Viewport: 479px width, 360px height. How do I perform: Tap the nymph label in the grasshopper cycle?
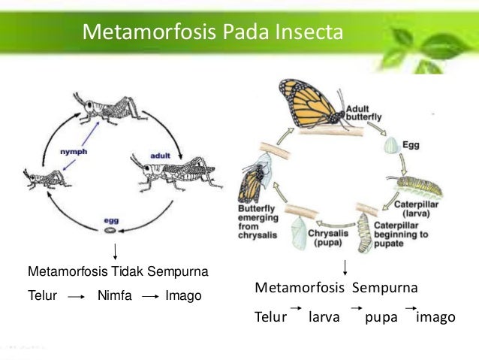click(x=74, y=152)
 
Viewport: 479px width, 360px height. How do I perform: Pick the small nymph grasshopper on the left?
click(x=46, y=178)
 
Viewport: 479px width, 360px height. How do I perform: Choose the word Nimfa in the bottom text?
click(x=115, y=296)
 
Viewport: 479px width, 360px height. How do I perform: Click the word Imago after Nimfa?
click(x=183, y=296)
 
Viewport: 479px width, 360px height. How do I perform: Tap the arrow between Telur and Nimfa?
click(x=75, y=297)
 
